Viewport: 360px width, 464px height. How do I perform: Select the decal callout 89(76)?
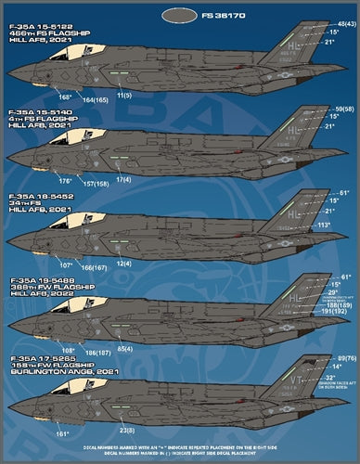point(346,357)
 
